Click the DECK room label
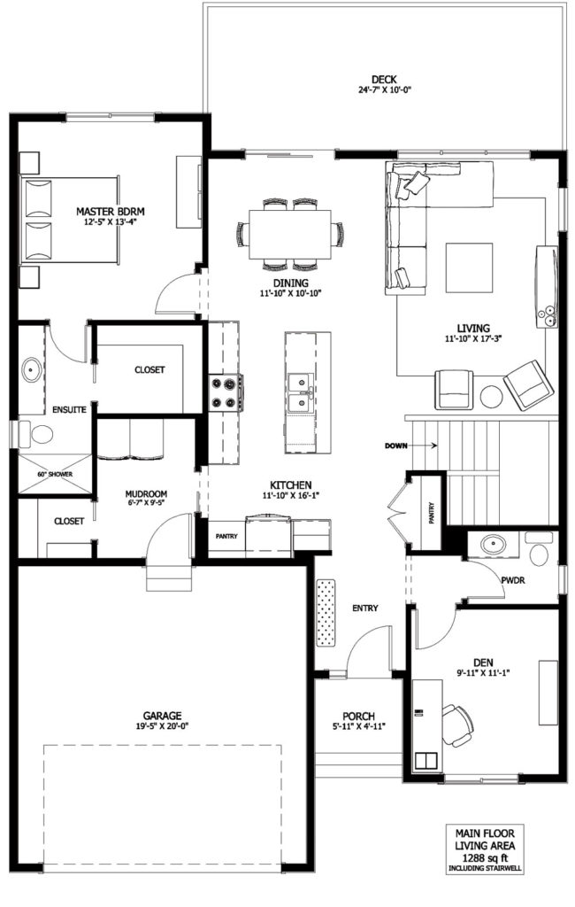tap(384, 79)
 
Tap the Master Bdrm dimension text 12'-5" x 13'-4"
tap(110, 221)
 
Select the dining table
tap(290, 234)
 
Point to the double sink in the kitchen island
tap(301, 393)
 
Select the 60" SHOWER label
tap(55, 475)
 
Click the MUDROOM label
tap(146, 494)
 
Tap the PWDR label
tap(513, 579)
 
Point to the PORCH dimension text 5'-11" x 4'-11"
tap(358, 726)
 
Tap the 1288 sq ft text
tap(484, 857)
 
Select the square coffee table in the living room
tap(469, 267)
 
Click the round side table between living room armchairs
tap(492, 397)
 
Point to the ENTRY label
tap(365, 608)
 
